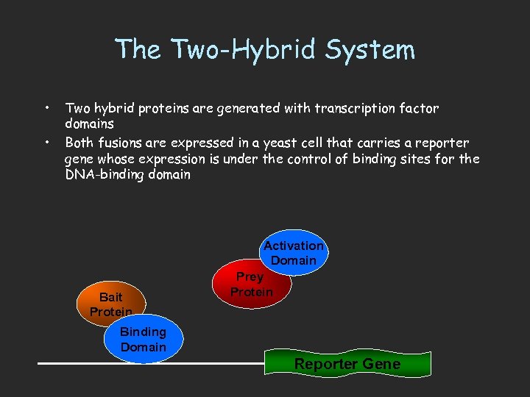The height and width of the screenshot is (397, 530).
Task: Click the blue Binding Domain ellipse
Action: (x=144, y=340)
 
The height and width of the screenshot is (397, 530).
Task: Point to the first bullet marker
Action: (x=47, y=108)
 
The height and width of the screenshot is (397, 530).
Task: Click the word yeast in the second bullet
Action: (x=300, y=143)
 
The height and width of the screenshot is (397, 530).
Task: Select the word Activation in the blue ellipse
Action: (x=294, y=246)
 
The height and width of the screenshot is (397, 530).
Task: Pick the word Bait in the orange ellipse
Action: (x=110, y=297)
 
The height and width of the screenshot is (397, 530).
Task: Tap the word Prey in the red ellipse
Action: (x=250, y=277)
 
